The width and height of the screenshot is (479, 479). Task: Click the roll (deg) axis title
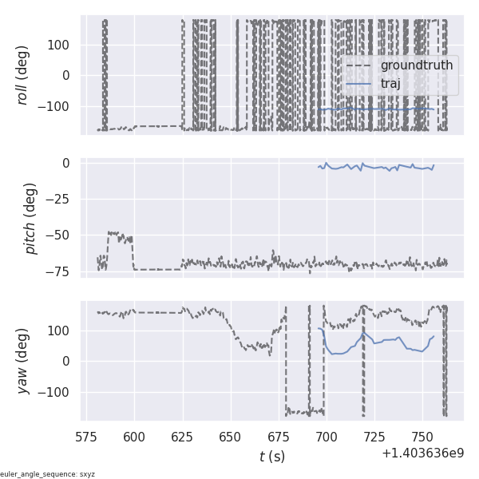[x=23, y=75]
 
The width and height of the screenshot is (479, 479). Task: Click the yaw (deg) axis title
[x=23, y=361]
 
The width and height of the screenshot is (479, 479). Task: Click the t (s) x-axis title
[x=272, y=457]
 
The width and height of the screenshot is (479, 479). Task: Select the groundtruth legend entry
[x=416, y=65]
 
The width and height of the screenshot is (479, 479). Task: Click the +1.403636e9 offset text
[x=422, y=453]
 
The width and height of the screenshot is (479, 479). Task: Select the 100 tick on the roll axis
[x=59, y=44]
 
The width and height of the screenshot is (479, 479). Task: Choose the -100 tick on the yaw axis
[x=53, y=392]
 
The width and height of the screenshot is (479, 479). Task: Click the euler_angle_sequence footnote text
[x=48, y=474]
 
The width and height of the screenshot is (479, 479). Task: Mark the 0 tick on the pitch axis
[x=67, y=163]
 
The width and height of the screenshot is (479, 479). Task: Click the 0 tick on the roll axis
[x=67, y=75]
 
